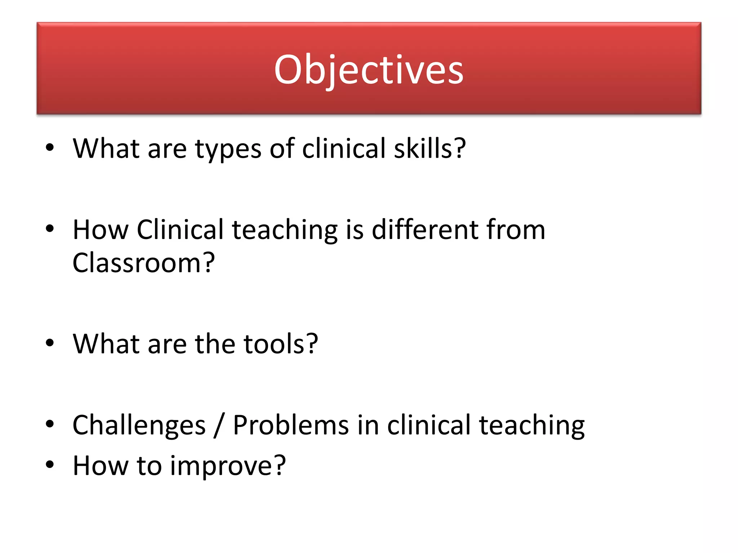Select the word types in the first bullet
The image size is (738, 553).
click(x=228, y=149)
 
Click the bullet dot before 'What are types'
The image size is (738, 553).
click(x=50, y=148)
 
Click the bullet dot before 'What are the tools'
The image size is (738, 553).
click(x=50, y=343)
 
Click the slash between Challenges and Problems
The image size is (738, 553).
click(x=219, y=426)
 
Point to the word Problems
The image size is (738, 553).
click(x=290, y=425)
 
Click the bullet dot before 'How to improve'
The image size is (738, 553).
click(x=50, y=464)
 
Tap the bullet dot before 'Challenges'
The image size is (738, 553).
click(x=50, y=424)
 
